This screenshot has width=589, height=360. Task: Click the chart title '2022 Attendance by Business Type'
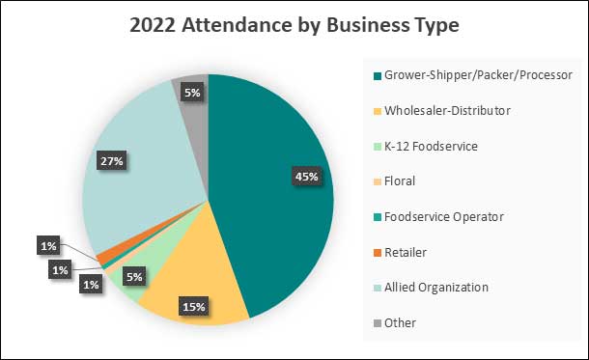[x=294, y=26]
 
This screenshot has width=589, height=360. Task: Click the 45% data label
[x=305, y=176]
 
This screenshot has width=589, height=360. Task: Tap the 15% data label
[x=193, y=307]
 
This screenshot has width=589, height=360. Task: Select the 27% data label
[x=112, y=161]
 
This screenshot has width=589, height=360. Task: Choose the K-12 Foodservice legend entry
[x=424, y=146]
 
